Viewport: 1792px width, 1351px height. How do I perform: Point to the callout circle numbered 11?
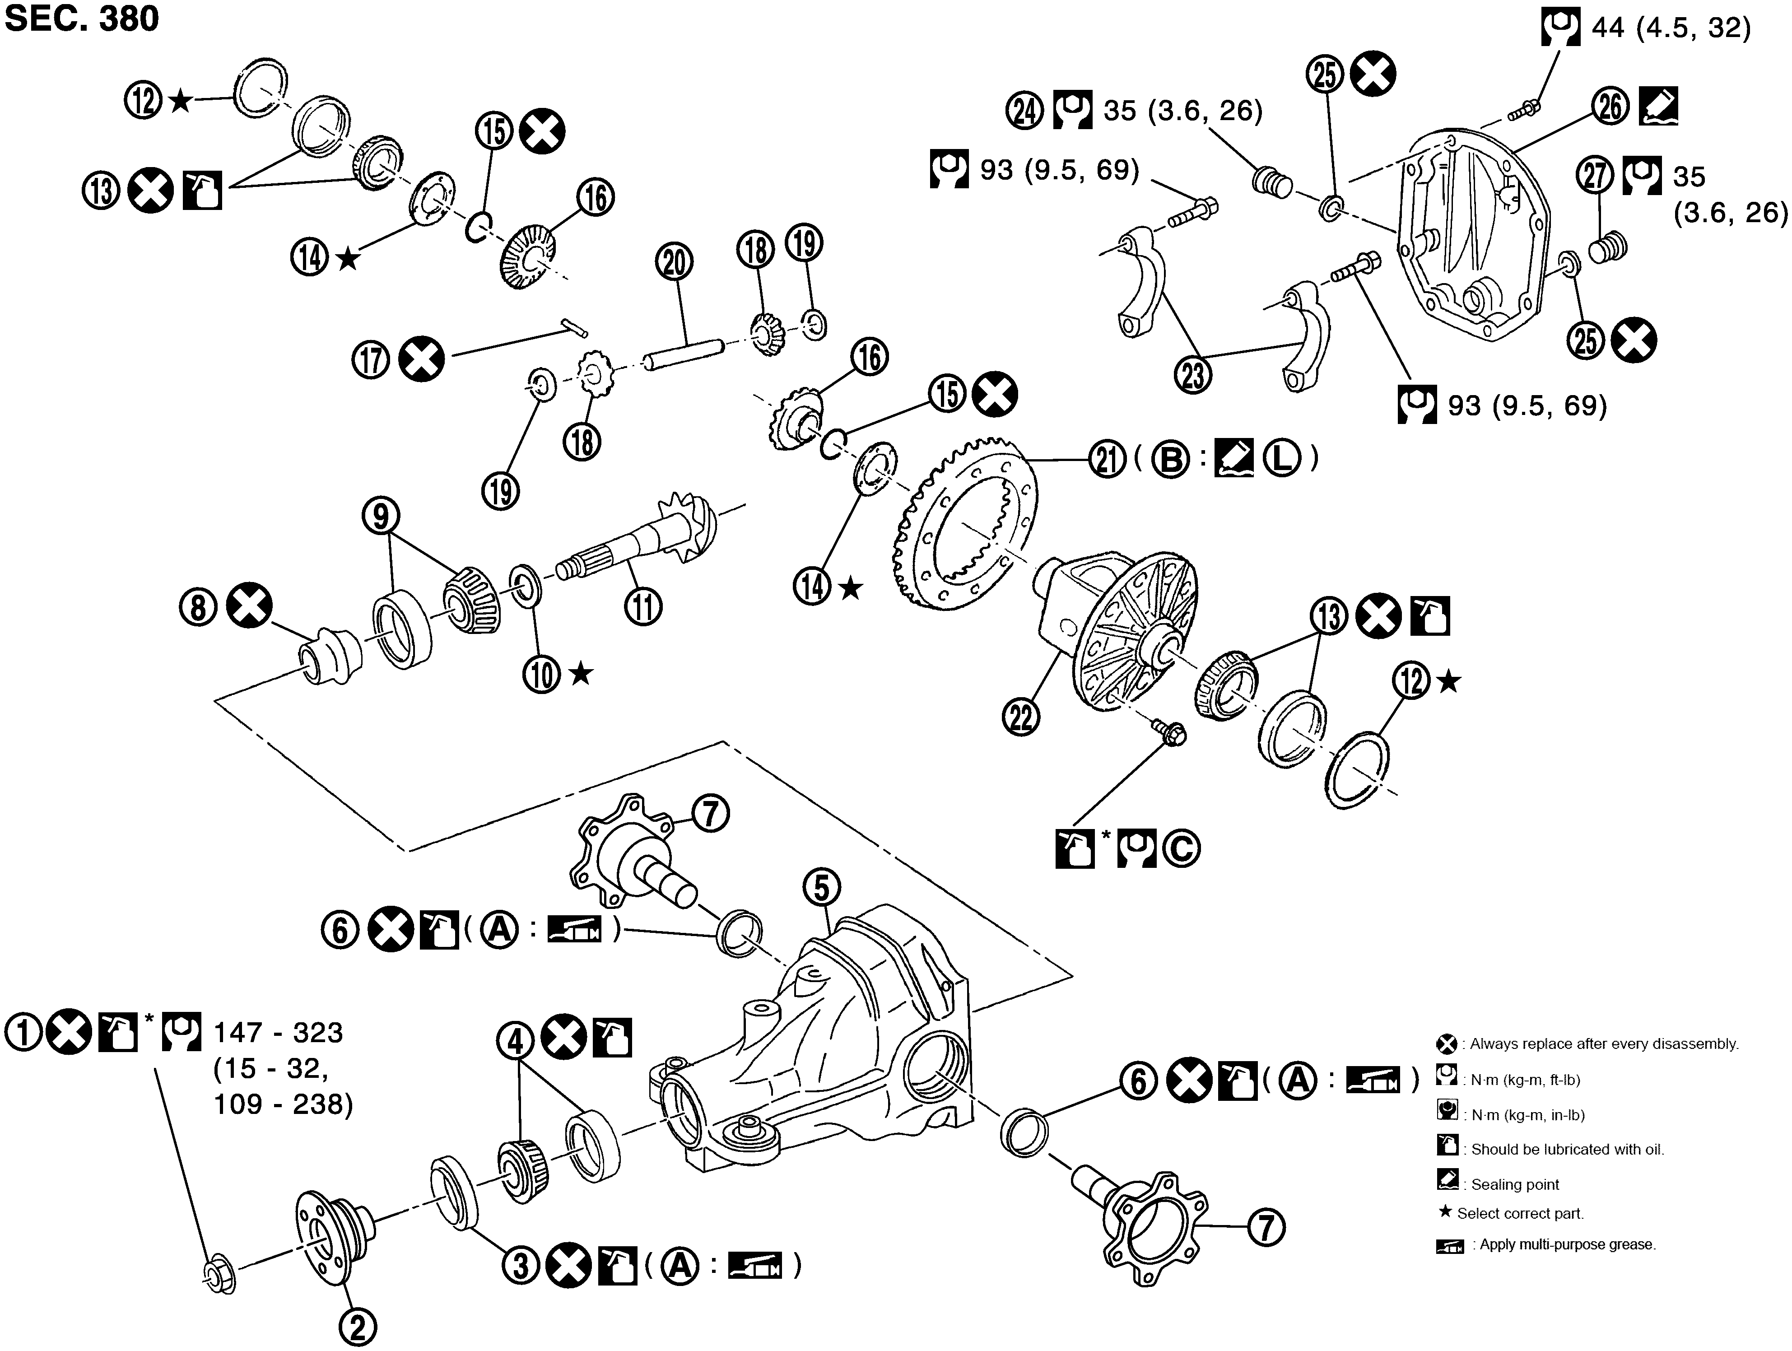pos(643,606)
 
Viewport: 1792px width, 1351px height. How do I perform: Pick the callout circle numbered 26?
pos(1610,106)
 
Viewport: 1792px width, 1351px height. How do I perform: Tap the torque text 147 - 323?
pos(278,1033)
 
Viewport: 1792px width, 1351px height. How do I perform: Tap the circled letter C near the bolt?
pos(1181,848)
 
